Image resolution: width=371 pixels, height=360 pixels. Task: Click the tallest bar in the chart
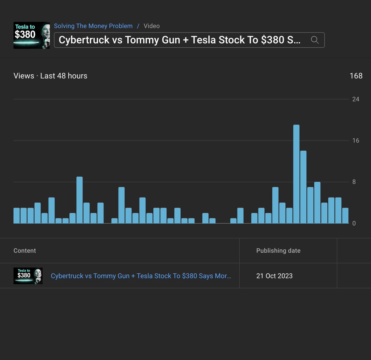(x=296, y=174)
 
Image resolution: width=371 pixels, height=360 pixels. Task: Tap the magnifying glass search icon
(x=314, y=40)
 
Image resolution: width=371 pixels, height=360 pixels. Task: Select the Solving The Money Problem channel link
(x=93, y=26)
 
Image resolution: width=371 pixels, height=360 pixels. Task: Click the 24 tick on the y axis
(x=356, y=99)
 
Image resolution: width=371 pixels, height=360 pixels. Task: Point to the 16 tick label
(x=356, y=141)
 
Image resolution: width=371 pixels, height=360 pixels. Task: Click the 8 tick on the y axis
(x=354, y=182)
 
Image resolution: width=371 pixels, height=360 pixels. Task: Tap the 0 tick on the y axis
(x=354, y=223)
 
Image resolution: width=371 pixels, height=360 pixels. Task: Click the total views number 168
(x=356, y=76)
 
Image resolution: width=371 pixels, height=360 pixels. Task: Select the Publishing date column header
(x=278, y=251)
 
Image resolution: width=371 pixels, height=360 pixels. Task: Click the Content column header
(x=25, y=251)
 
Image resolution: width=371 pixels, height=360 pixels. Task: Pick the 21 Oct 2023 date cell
(x=274, y=276)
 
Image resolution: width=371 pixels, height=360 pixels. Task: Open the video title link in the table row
(x=141, y=276)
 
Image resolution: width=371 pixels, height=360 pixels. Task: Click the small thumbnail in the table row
(x=28, y=276)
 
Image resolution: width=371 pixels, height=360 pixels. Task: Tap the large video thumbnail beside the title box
(x=32, y=35)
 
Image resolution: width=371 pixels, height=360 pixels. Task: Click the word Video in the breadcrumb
(x=151, y=26)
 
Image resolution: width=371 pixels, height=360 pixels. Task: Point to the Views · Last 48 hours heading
(x=50, y=76)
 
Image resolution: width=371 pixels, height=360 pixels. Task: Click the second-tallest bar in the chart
(x=303, y=187)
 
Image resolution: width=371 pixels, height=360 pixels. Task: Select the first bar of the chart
(x=17, y=215)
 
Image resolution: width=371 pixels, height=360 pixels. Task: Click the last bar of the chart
(x=345, y=215)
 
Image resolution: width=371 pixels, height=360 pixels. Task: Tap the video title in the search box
(x=179, y=40)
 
